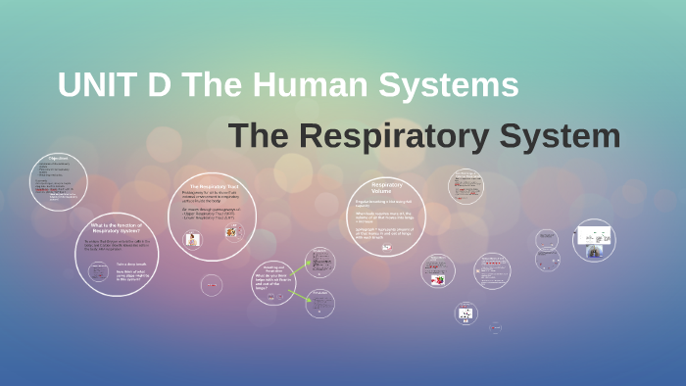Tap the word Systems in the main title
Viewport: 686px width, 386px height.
451,85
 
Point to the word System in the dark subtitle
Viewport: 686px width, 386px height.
562,136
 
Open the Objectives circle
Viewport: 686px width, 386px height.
59,181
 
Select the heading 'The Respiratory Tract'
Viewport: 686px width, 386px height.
215,186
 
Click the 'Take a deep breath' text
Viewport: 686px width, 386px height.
130,265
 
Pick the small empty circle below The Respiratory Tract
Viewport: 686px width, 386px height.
212,285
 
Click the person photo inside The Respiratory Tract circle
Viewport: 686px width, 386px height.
193,238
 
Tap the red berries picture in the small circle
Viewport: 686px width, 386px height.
439,279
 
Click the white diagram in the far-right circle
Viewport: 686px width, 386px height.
593,234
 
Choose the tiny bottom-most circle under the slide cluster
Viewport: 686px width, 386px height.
495,327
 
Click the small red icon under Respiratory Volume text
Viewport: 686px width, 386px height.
386,247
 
